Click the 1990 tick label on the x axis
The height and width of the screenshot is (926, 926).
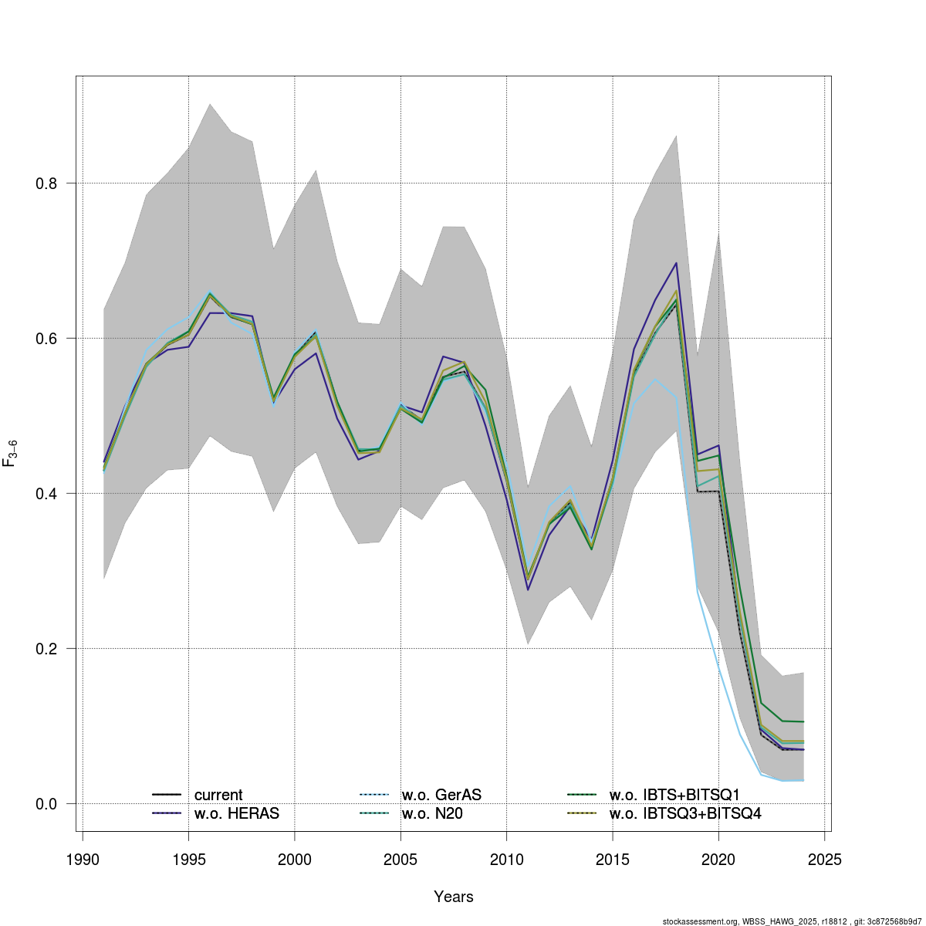(x=82, y=859)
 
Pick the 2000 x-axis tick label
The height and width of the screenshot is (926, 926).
(x=294, y=859)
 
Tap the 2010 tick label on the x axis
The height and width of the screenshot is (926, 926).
(x=506, y=859)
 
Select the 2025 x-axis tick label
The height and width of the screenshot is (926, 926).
(x=824, y=859)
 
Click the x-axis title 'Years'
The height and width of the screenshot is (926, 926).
(x=454, y=897)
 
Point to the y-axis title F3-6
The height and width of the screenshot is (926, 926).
(x=11, y=453)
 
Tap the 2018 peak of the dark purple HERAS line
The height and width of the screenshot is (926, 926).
(x=676, y=263)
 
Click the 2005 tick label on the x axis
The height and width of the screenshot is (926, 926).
(x=400, y=859)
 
